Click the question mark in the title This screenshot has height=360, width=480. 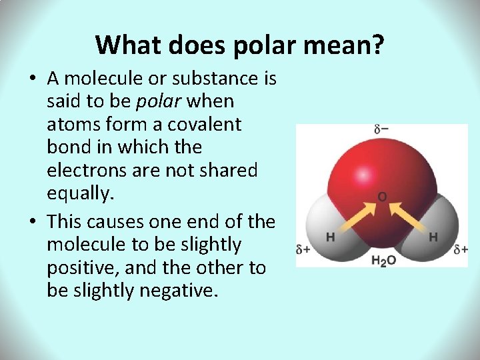[377, 45]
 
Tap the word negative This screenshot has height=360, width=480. [178, 291]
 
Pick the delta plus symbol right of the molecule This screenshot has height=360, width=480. [460, 250]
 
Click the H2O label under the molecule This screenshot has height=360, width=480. [383, 261]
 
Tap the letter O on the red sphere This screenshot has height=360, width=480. [382, 197]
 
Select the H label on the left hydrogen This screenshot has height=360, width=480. [330, 237]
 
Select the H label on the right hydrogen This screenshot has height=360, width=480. [433, 237]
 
